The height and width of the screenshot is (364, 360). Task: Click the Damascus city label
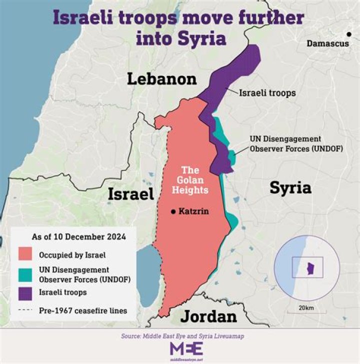pos(327,44)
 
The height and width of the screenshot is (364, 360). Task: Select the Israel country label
pos(130,195)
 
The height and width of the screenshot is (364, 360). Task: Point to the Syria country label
pos(290,187)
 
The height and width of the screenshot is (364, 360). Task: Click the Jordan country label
pos(208,316)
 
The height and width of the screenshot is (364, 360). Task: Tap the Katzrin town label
pos(192,211)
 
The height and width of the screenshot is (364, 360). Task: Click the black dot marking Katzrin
pos(173,211)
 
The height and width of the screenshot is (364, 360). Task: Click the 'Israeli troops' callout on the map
pos(267,93)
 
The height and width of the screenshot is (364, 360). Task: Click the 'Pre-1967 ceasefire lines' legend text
pos(83,310)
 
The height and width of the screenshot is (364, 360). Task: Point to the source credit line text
pos(179,336)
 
